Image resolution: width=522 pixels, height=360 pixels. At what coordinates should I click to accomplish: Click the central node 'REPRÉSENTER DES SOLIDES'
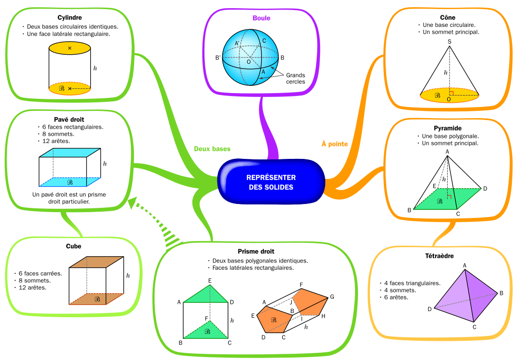271,182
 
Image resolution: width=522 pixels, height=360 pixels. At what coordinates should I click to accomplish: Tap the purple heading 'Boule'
261,18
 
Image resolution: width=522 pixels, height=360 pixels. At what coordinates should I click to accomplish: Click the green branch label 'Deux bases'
212,149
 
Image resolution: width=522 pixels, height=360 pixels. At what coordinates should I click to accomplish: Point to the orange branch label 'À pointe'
334,144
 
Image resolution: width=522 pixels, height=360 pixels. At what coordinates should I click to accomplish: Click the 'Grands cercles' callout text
296,78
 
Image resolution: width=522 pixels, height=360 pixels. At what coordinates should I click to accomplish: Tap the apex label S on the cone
450,42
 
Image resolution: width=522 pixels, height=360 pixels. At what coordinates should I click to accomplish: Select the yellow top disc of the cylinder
70,48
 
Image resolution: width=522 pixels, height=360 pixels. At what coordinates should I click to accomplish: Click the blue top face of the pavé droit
70,152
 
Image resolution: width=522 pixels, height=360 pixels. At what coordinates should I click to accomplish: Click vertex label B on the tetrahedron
501,293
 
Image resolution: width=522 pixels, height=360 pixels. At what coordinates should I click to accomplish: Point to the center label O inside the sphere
249,62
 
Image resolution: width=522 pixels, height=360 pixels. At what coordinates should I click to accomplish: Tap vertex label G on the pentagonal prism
332,297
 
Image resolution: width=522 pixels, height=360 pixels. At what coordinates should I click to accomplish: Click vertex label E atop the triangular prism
210,281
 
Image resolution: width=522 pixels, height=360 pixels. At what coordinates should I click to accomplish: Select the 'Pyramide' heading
448,128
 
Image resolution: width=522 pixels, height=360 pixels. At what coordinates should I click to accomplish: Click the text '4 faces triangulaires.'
411,283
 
